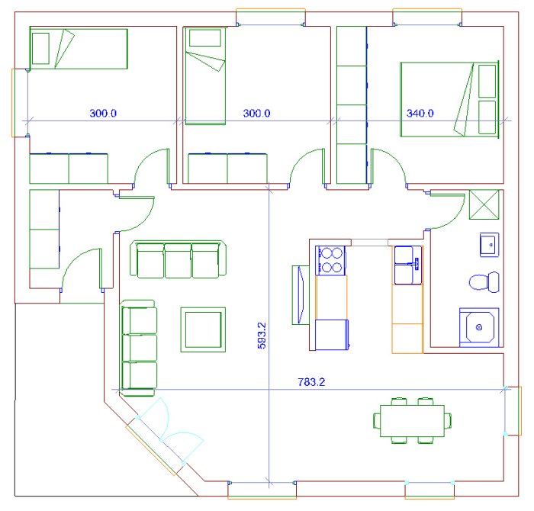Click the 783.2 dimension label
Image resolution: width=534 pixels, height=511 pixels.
(x=311, y=382)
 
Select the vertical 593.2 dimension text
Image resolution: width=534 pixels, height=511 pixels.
(x=262, y=336)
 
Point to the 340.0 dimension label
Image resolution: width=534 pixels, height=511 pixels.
(x=420, y=113)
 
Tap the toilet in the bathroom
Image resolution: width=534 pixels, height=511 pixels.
(x=484, y=282)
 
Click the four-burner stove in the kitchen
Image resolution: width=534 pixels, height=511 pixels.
(x=330, y=260)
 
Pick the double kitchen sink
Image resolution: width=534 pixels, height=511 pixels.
(x=408, y=265)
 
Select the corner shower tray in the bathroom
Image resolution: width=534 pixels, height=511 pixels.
(x=479, y=327)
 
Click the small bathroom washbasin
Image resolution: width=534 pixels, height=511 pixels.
(x=490, y=244)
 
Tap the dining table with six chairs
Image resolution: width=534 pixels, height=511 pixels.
(x=412, y=420)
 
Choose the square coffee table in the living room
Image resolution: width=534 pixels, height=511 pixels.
(x=203, y=329)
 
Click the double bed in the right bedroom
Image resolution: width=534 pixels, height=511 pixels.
(x=449, y=99)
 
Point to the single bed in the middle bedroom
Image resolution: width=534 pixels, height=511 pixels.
(x=204, y=76)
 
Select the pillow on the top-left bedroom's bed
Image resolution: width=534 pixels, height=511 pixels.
(x=40, y=48)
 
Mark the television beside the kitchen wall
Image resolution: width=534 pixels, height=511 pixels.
(x=301, y=295)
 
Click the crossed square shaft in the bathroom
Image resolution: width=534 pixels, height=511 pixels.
(x=484, y=204)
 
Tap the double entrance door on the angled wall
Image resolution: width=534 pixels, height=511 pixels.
(x=166, y=433)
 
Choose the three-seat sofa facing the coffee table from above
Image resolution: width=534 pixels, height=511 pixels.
(x=178, y=259)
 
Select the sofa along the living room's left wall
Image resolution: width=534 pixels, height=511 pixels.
(x=139, y=348)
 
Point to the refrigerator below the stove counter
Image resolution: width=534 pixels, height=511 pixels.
(x=332, y=335)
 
